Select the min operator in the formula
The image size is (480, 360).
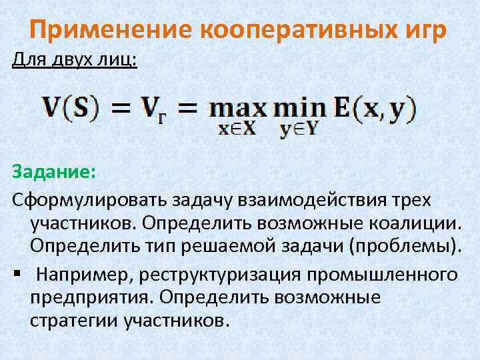[x=297, y=109]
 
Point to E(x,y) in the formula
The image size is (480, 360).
[x=375, y=109]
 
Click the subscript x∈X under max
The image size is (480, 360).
[x=237, y=130]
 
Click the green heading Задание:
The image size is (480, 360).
[x=54, y=173]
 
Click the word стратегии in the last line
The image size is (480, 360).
[x=74, y=321]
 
